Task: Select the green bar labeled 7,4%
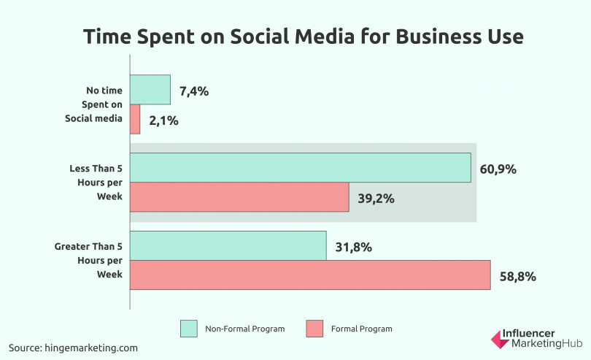point(150,90)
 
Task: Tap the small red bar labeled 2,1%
point(135,120)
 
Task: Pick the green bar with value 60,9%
point(301,167)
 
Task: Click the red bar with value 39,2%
point(239,197)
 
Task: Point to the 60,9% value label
point(498,169)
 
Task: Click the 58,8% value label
point(518,276)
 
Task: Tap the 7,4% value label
point(193,91)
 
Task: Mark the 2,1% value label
point(163,120)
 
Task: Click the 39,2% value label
point(376,199)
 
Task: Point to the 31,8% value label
point(354,247)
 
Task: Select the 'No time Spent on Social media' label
point(102,105)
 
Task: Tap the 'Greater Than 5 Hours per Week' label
point(88,260)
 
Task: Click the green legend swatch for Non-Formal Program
point(189,329)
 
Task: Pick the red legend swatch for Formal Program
point(315,329)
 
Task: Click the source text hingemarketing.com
point(73,348)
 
